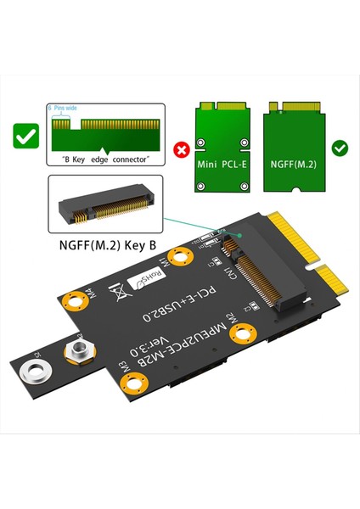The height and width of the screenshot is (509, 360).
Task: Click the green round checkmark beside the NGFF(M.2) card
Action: coord(340,148)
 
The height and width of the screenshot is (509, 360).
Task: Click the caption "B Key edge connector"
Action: coord(101,159)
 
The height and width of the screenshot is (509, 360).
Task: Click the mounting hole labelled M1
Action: coord(180,255)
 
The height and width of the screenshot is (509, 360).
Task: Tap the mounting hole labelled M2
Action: coord(247,333)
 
